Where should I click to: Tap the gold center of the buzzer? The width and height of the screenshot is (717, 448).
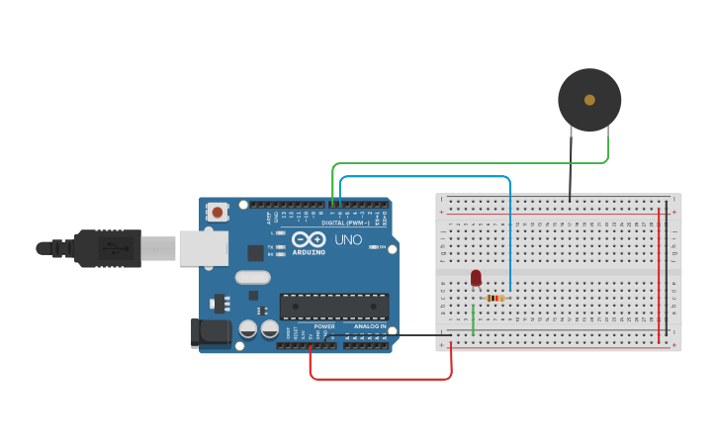(x=589, y=100)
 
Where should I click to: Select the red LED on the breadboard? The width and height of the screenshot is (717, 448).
(x=476, y=278)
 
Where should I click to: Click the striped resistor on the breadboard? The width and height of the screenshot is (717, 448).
(x=495, y=298)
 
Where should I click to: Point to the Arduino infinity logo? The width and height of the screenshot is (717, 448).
(x=309, y=240)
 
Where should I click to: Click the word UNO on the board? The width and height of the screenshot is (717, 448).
(x=348, y=240)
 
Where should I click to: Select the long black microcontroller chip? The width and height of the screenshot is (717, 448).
(x=333, y=307)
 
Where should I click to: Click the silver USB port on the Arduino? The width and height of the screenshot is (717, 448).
(x=203, y=248)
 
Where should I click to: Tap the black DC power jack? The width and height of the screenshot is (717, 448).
(x=210, y=333)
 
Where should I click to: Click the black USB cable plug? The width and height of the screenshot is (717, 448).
(x=109, y=248)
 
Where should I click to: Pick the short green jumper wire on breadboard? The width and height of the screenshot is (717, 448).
(x=474, y=319)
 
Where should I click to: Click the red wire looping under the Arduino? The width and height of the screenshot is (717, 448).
(x=381, y=379)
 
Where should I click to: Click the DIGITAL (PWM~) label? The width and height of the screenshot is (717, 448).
(x=345, y=223)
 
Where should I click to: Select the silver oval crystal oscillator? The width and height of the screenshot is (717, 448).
(x=252, y=278)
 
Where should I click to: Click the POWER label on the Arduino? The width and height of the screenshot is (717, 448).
(x=324, y=326)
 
